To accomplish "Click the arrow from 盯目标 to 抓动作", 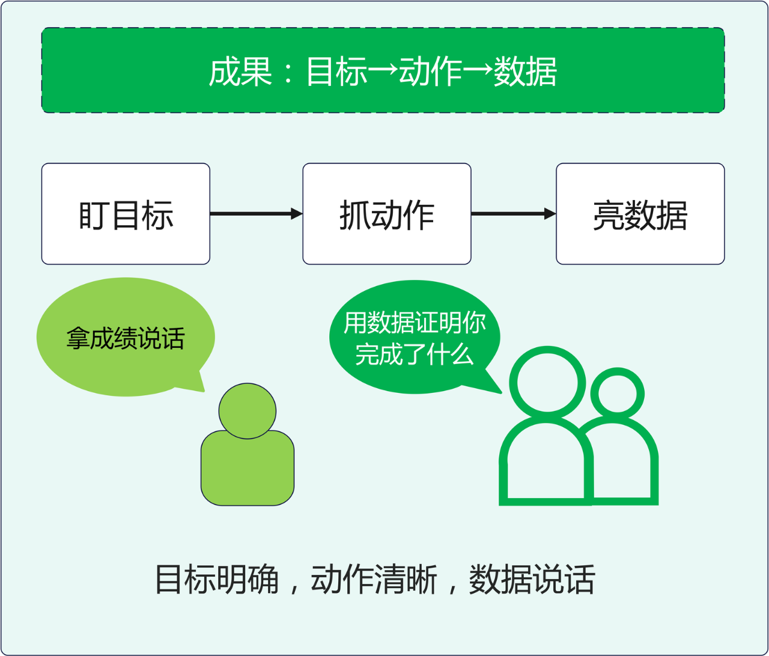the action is pyautogui.click(x=256, y=213).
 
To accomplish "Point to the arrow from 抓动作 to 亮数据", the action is pyautogui.click(x=513, y=213).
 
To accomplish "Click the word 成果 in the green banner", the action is pyautogui.click(x=240, y=72).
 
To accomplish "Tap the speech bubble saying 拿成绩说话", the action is pyautogui.click(x=125, y=338).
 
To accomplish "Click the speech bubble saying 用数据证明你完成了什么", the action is pyautogui.click(x=415, y=338).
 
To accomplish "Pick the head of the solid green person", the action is pyautogui.click(x=247, y=411).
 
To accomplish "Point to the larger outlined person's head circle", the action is pyautogui.click(x=547, y=383).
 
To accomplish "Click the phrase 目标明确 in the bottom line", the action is pyautogui.click(x=217, y=580).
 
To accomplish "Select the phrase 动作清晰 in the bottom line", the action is pyautogui.click(x=374, y=580).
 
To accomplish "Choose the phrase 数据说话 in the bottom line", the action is pyautogui.click(x=532, y=580).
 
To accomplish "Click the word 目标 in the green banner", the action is pyautogui.click(x=336, y=72).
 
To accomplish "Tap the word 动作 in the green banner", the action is pyautogui.click(x=430, y=72).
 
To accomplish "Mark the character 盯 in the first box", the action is pyautogui.click(x=93, y=215).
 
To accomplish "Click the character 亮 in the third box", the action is pyautogui.click(x=607, y=215).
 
